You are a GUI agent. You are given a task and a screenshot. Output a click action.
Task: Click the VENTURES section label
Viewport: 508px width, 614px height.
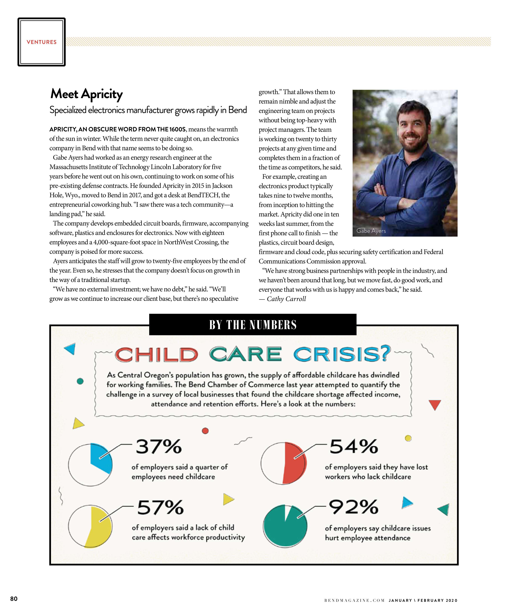pos(42,42)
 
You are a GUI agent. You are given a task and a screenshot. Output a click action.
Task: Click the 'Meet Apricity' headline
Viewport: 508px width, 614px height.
pos(87,94)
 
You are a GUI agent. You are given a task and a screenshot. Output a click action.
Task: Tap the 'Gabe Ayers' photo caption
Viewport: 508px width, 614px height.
pos(371,231)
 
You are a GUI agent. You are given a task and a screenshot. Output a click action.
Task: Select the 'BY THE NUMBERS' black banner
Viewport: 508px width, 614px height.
pos(252,325)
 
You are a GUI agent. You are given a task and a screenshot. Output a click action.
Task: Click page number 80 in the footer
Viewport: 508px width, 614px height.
pos(14,599)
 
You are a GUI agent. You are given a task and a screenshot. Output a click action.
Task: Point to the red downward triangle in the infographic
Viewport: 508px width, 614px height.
pos(435,405)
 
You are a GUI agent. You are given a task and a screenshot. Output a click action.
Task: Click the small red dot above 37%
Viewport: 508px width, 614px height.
pos(205,431)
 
